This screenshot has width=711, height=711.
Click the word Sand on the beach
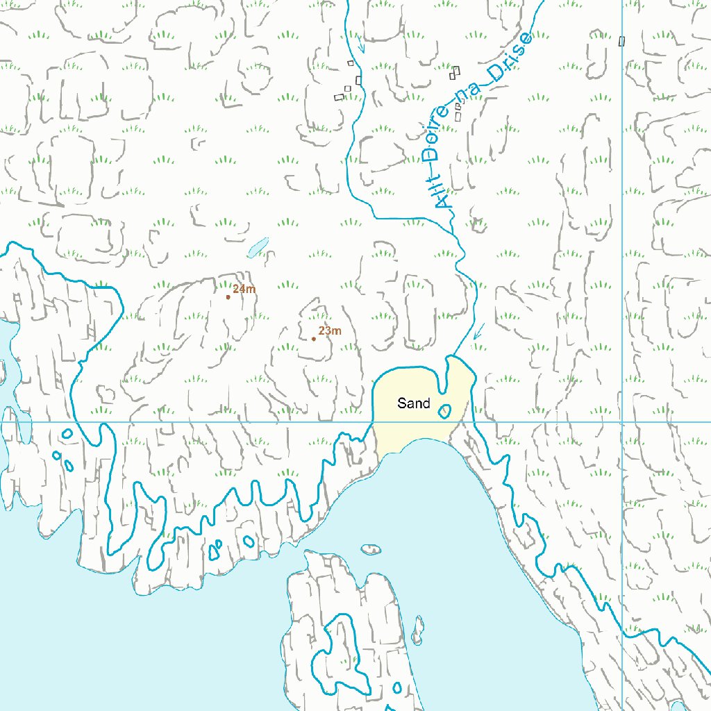413,403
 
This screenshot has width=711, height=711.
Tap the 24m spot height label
244,289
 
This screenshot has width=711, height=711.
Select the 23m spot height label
330,331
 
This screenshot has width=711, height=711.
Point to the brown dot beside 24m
228,297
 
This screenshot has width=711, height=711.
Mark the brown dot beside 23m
314,339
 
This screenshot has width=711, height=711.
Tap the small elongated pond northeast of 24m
258,247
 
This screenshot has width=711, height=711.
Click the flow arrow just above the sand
478,333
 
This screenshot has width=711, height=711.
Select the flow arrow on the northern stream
360,46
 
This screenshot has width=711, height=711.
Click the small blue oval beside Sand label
444,411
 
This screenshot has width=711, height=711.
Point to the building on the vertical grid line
621,41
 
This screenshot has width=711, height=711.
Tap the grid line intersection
622,421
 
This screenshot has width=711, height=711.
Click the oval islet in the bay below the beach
371,549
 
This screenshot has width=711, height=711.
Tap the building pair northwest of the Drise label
455,72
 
